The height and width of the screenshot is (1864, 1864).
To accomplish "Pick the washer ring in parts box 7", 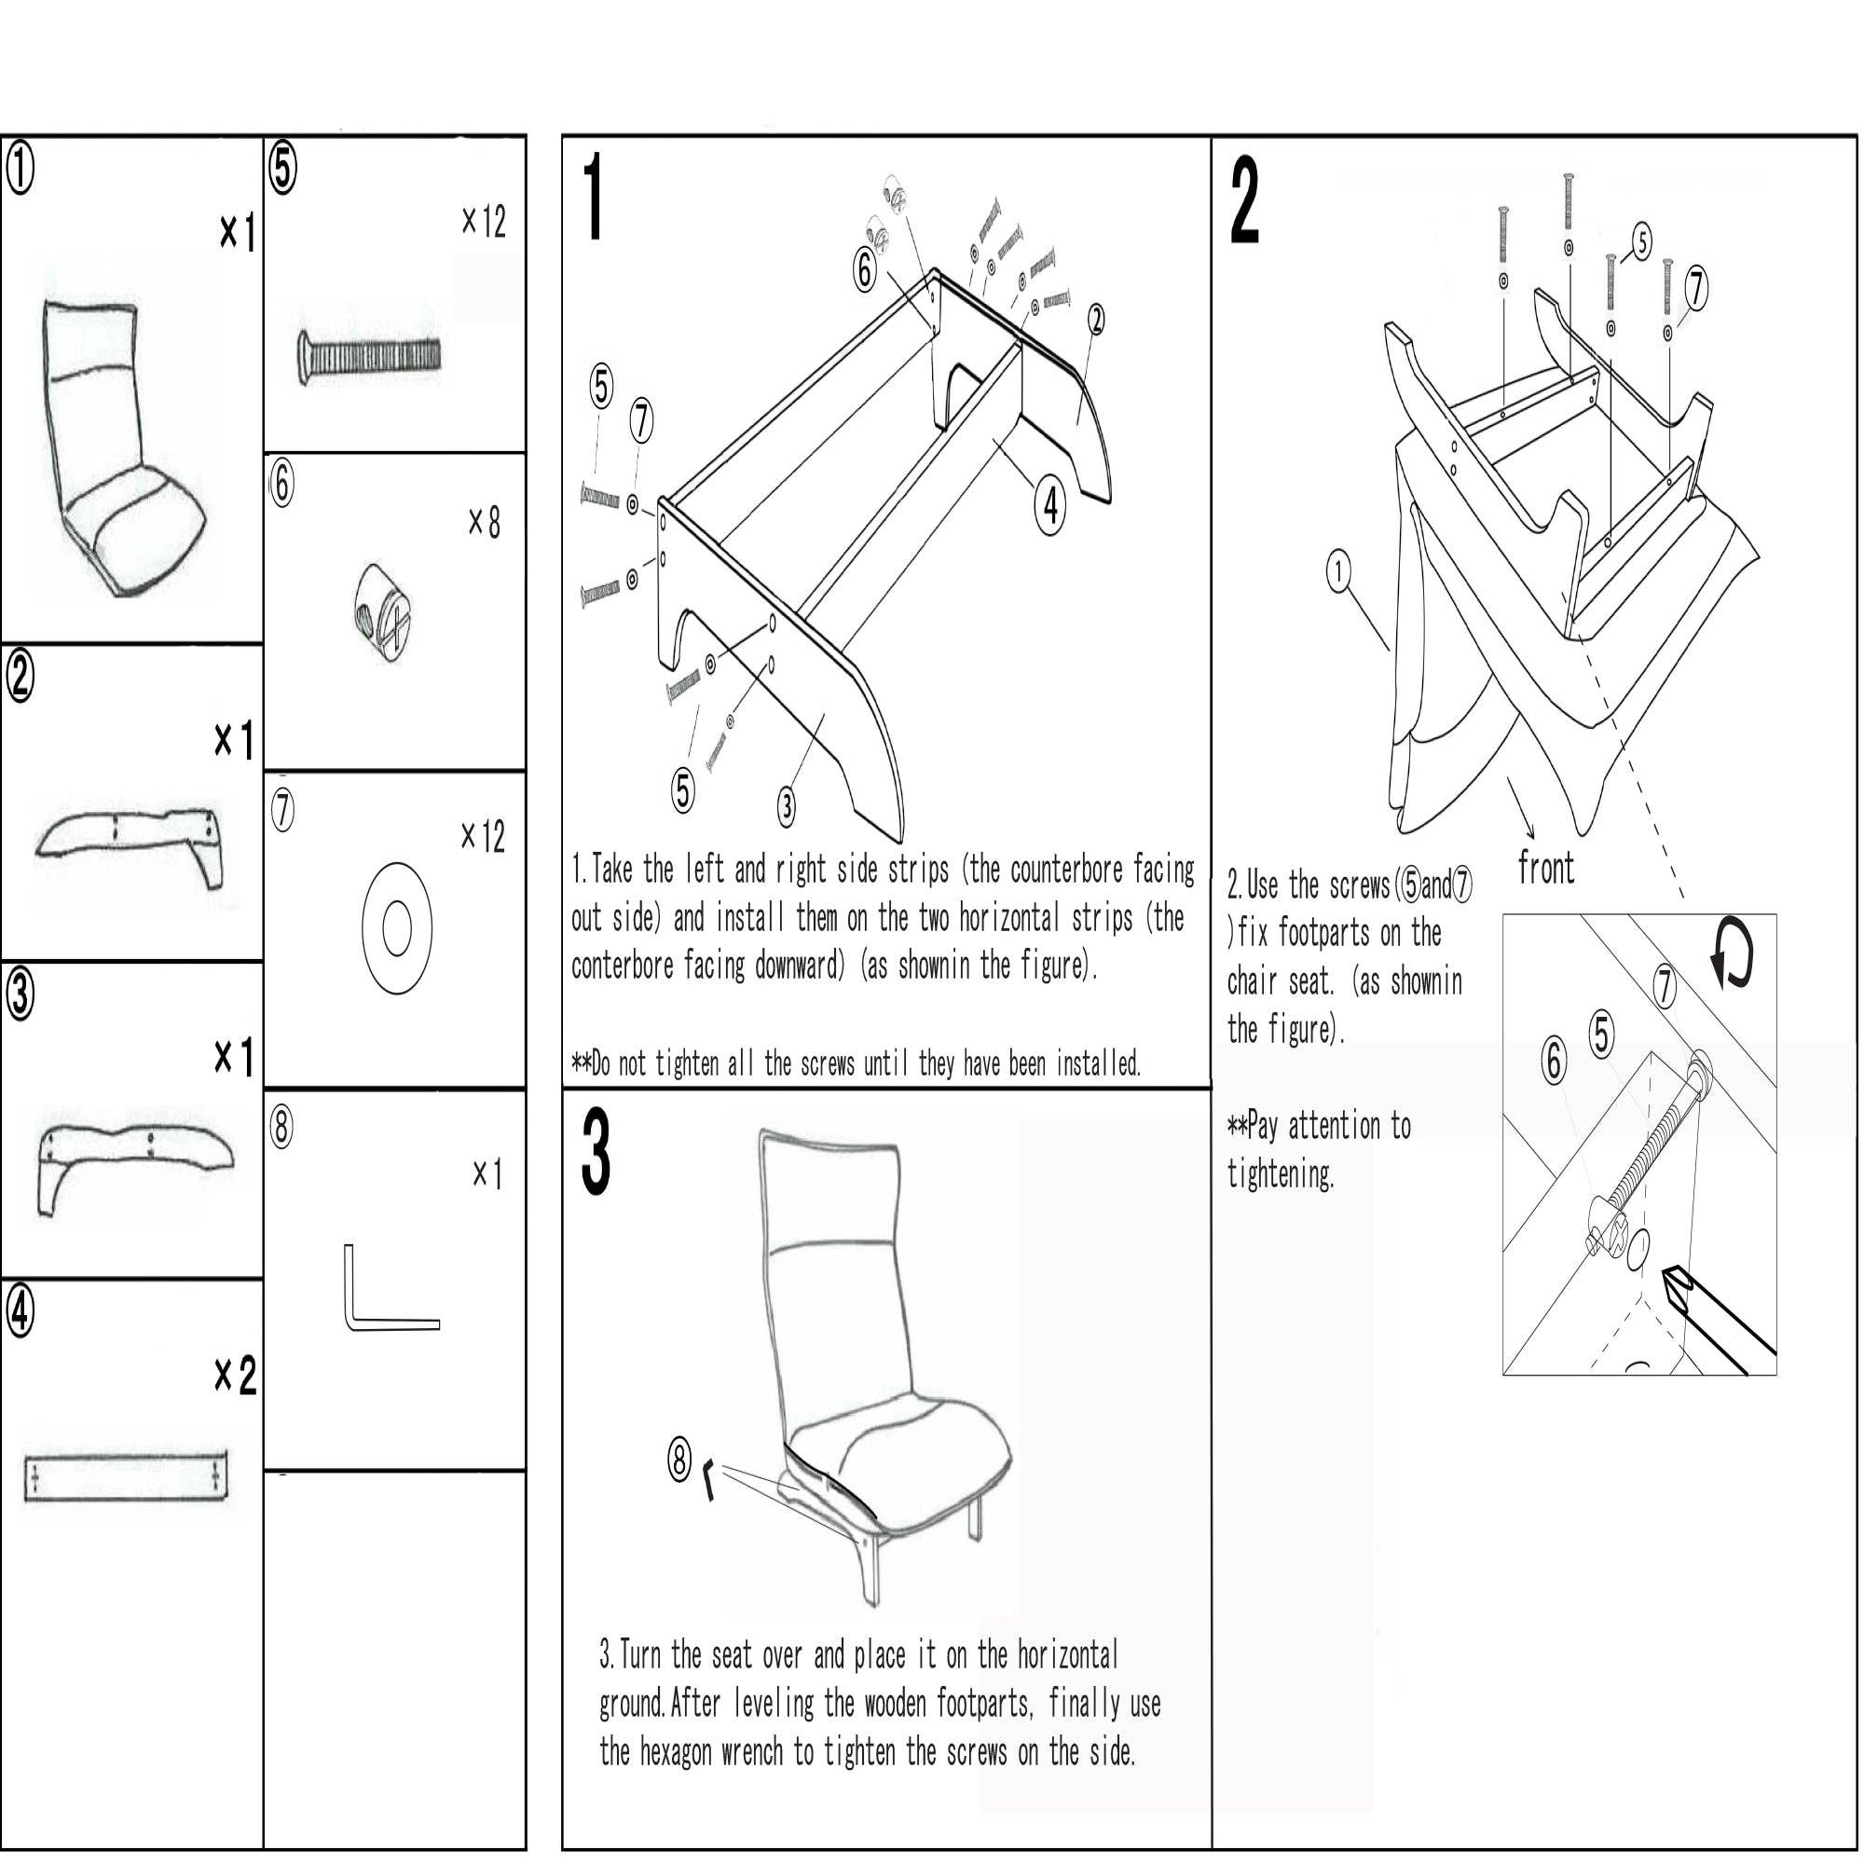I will [396, 928].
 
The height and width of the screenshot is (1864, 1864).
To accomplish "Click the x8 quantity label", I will [485, 523].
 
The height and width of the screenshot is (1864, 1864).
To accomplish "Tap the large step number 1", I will [595, 198].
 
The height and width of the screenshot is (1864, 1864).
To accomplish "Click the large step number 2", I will [1244, 202].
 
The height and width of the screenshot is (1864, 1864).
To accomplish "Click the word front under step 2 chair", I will [1545, 869].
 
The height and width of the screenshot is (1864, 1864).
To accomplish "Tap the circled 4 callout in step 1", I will [1050, 503].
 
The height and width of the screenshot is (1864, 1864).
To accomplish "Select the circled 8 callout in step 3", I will [679, 1460].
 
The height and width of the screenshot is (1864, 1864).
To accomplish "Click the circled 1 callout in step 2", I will [1337, 571].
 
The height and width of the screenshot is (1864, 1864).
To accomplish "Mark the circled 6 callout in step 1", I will [866, 269].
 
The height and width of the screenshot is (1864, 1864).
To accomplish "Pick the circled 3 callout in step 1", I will [787, 805].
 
